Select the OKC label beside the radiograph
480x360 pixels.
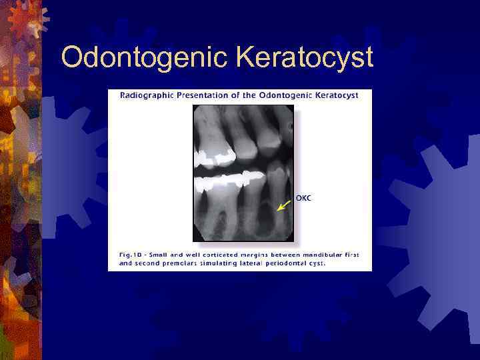[303, 198]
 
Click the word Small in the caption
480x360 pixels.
[157, 254]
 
